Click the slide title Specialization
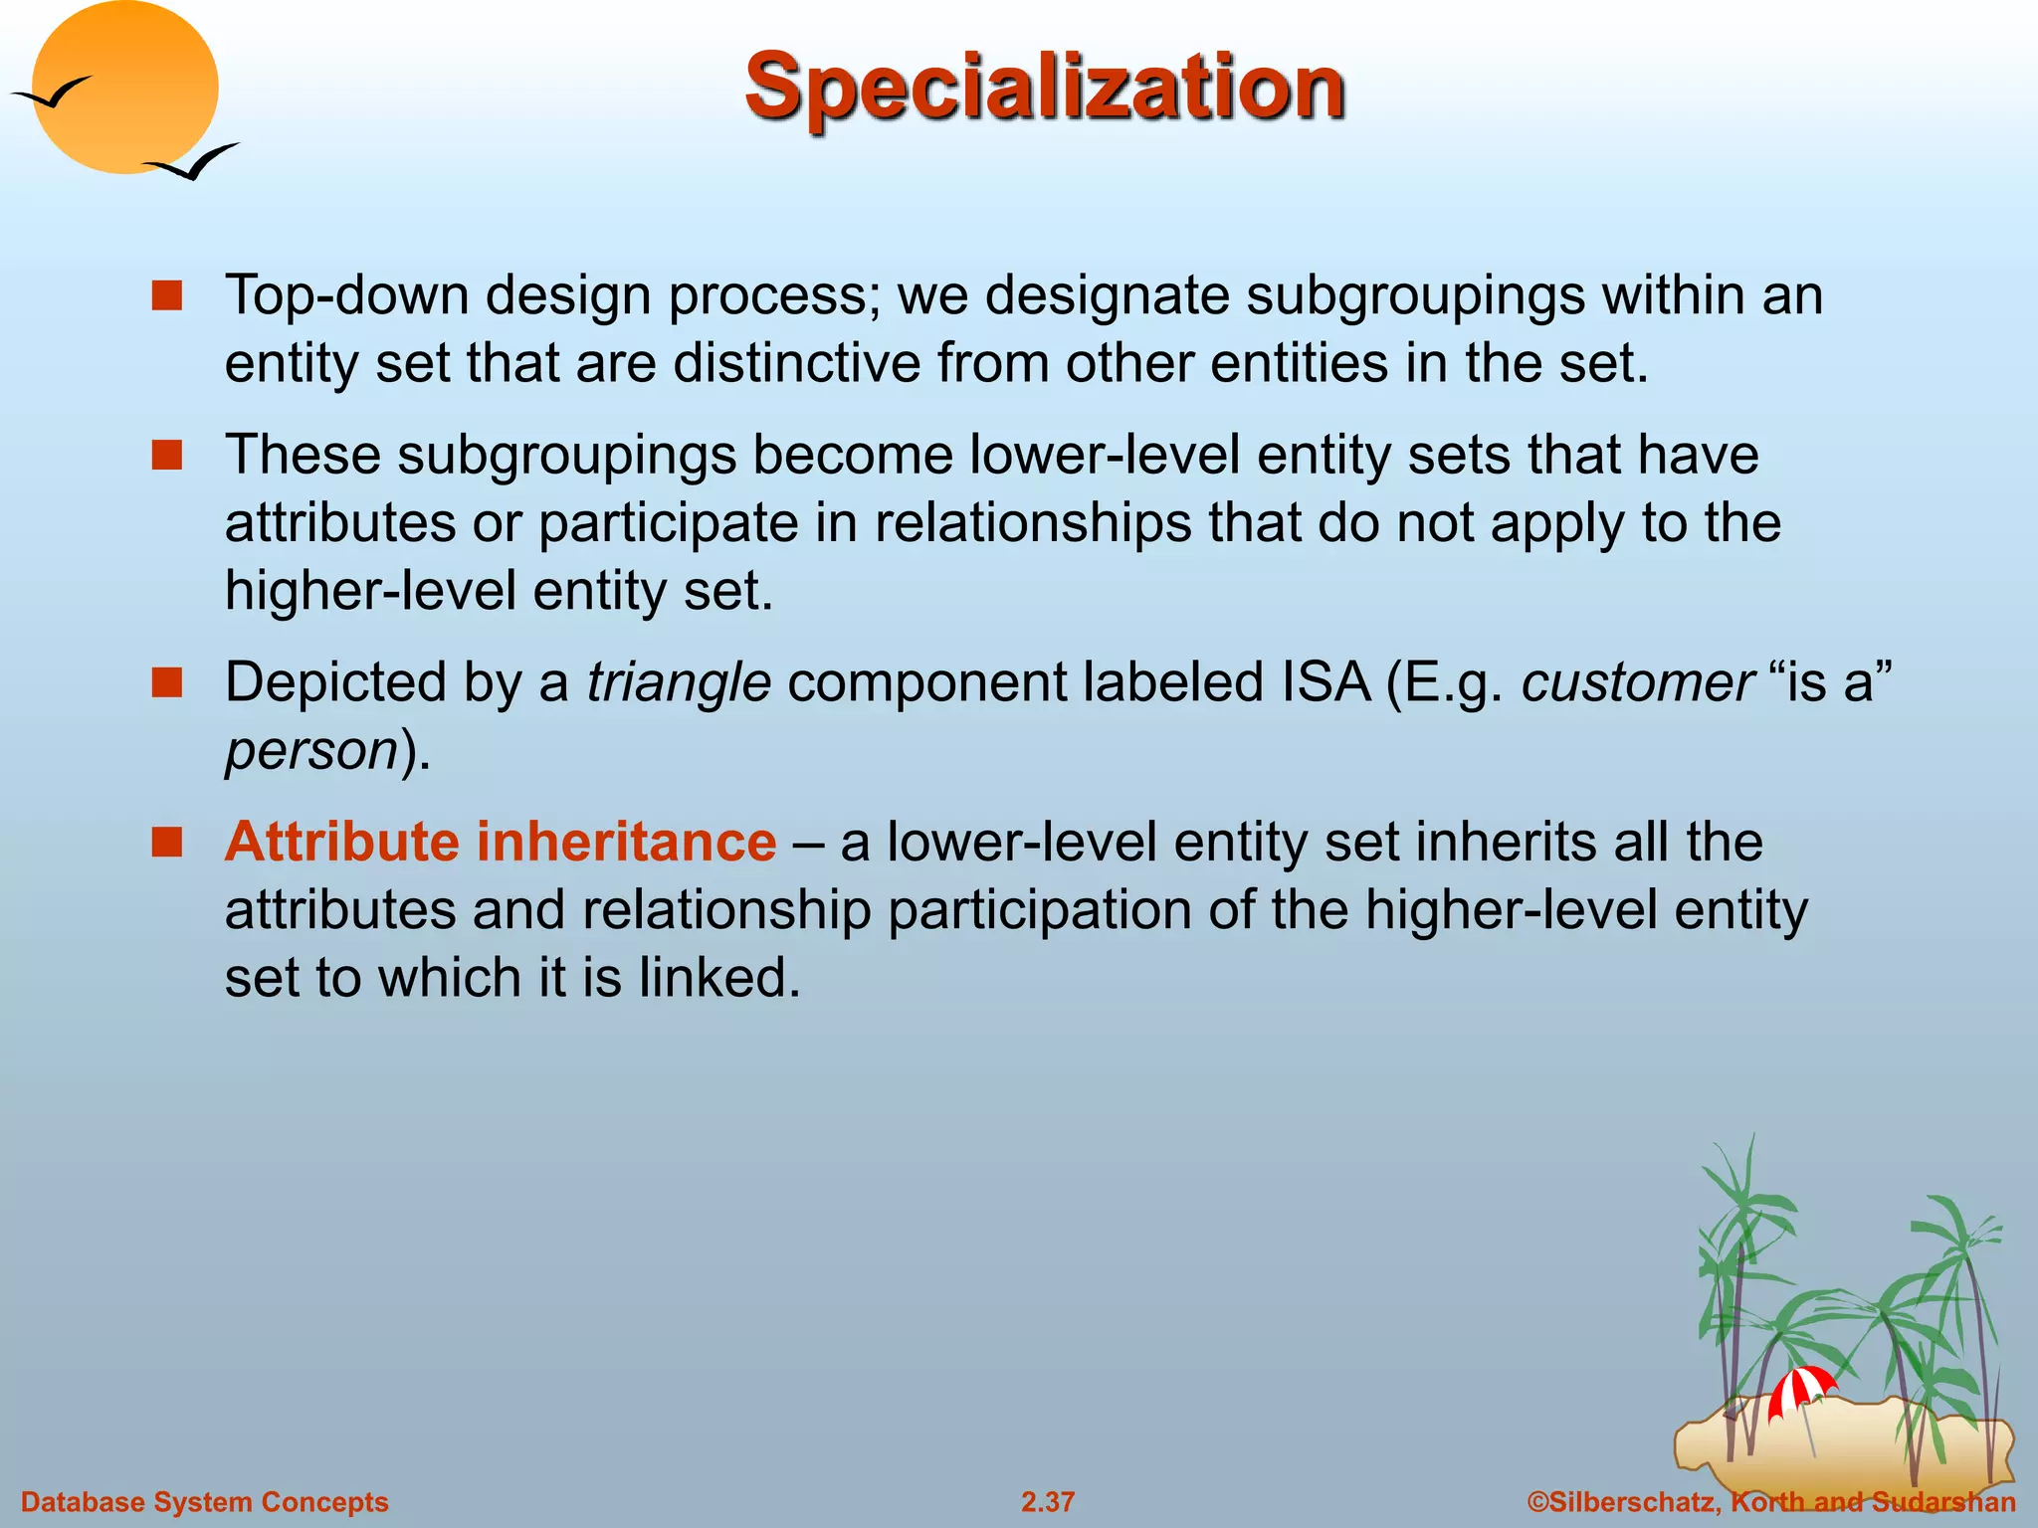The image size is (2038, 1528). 1044,88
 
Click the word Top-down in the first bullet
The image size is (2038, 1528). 346,295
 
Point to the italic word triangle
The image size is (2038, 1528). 678,682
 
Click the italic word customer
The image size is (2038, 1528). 1637,682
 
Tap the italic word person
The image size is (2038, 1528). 311,750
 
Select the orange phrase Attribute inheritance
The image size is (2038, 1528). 500,842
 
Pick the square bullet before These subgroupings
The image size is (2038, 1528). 166,456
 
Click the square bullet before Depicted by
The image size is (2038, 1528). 166,682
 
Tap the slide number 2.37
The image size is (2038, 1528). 1047,1501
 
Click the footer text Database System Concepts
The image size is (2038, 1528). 204,1501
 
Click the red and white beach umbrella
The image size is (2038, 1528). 1800,1389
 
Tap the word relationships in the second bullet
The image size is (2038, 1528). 1032,523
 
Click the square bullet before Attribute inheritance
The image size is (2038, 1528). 166,842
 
